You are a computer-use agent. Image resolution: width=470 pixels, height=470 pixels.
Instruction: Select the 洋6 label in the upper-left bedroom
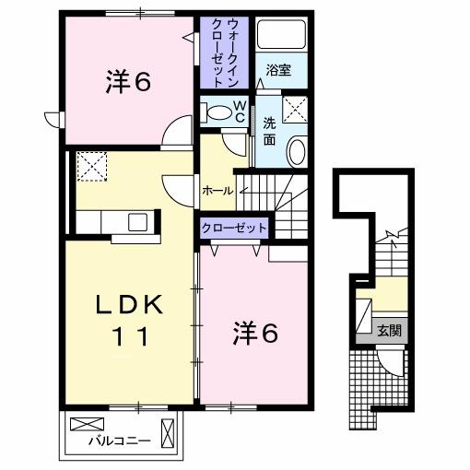click(127, 83)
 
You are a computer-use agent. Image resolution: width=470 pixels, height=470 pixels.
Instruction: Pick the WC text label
click(239, 112)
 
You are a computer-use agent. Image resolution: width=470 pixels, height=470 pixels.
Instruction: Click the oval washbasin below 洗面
click(297, 150)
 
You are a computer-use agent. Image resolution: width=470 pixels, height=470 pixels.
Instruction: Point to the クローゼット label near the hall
click(234, 227)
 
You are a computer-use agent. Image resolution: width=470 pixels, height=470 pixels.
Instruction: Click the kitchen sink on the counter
click(137, 221)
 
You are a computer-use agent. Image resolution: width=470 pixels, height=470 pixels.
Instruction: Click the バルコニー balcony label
click(120, 441)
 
